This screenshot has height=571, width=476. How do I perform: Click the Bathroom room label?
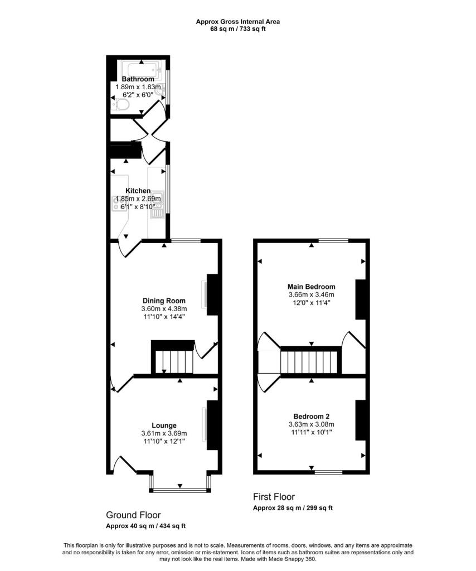(x=138, y=79)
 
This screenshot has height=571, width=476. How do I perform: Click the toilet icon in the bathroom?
(x=122, y=104)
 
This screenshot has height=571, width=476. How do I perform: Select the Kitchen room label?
(x=138, y=191)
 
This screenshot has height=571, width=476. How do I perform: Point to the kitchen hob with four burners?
(x=119, y=204)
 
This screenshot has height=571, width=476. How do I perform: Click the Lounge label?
(x=163, y=425)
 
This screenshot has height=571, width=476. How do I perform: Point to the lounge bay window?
(x=179, y=490)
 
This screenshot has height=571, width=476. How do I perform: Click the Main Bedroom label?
(x=312, y=287)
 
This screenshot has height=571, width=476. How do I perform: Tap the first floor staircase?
(x=310, y=362)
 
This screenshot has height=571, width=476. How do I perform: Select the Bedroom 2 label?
(x=312, y=416)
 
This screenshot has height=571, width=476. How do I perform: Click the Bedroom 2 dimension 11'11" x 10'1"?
(x=312, y=432)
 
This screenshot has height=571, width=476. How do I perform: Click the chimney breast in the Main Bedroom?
(x=360, y=299)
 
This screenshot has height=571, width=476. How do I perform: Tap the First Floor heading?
(x=274, y=497)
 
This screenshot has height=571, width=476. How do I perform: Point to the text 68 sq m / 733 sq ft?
(x=237, y=29)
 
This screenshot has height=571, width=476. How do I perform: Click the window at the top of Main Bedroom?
(x=333, y=240)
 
